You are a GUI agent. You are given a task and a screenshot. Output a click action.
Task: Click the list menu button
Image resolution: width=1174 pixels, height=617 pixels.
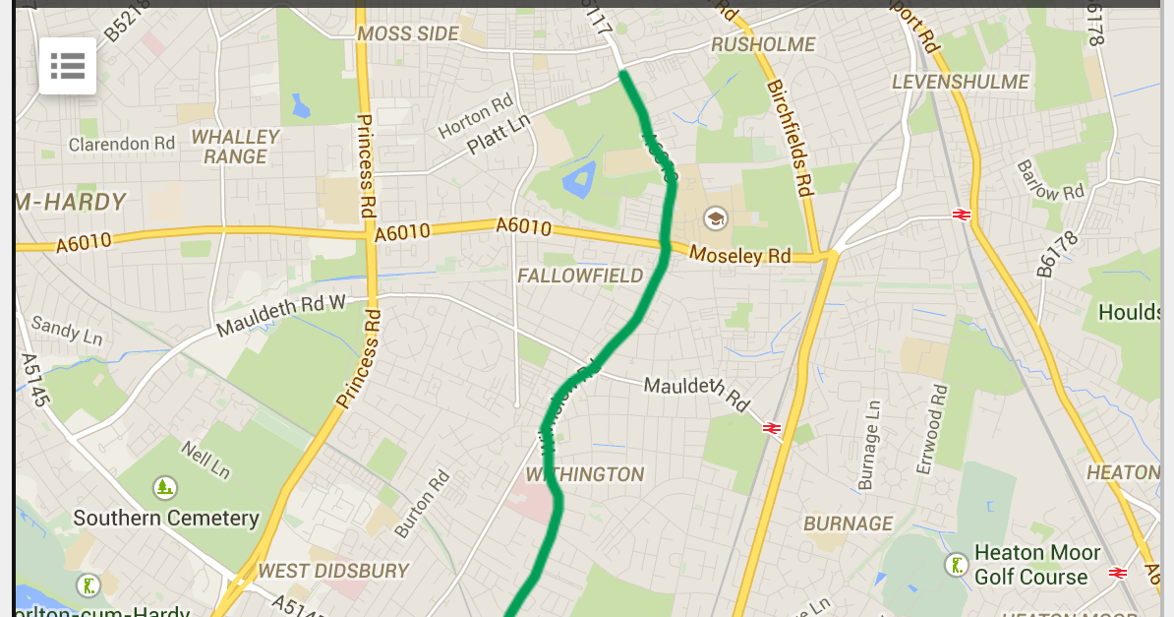[68, 66]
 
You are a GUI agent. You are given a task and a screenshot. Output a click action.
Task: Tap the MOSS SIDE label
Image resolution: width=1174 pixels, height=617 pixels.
[407, 33]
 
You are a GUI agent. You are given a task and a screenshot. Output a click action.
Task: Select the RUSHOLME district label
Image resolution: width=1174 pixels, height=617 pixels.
[763, 44]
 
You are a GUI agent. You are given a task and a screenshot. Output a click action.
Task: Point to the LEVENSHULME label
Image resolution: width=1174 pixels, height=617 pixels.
[960, 82]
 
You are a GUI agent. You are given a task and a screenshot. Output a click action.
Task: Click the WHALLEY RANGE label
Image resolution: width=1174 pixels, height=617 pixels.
[235, 147]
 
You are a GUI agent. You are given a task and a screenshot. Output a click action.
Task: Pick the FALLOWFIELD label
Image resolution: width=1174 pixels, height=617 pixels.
[580, 276]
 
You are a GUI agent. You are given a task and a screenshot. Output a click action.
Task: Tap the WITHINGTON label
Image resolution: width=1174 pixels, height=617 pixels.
[584, 474]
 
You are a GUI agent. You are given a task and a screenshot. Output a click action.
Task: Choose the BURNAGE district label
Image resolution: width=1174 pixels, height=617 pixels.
[849, 524]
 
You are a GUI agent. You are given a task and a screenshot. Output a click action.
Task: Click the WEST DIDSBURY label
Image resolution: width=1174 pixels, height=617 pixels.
[333, 571]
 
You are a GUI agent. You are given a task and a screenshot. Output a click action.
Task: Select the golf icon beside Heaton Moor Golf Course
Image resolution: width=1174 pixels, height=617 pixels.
[956, 565]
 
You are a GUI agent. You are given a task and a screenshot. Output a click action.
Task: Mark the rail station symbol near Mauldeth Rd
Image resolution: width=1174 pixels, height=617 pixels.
[772, 427]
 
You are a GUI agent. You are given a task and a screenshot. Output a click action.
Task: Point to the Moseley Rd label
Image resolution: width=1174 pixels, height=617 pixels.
[739, 255]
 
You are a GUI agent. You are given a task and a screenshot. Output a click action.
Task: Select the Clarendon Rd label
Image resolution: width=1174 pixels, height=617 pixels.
[121, 144]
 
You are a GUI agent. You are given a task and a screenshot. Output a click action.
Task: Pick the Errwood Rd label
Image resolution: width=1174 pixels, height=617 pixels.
[932, 428]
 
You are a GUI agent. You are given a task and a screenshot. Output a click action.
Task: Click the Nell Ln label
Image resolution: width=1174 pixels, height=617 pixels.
[205, 460]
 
